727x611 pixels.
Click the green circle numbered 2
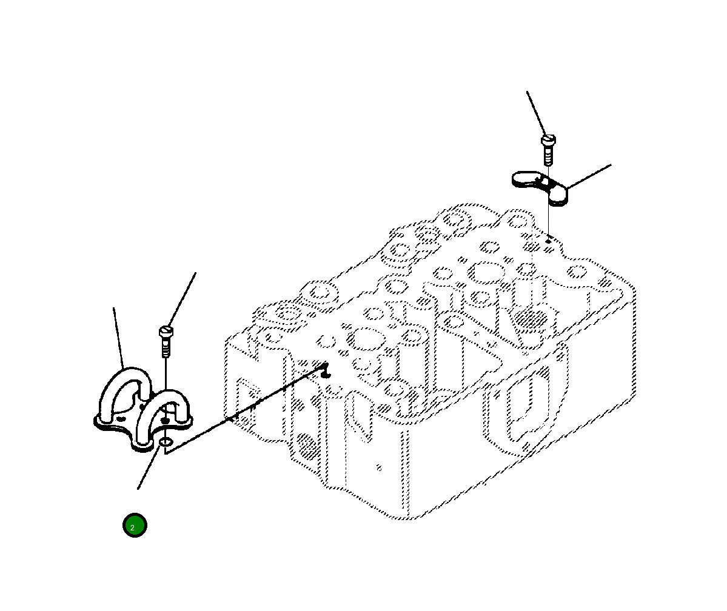pyautogui.click(x=135, y=526)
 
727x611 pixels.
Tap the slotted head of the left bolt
pyautogui.click(x=167, y=331)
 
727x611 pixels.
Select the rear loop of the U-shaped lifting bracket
pyautogui.click(x=125, y=388)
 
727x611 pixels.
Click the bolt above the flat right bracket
pyautogui.click(x=548, y=149)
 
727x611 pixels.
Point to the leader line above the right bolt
pyautogui.click(x=536, y=113)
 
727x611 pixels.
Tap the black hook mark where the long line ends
pyautogui.click(x=326, y=368)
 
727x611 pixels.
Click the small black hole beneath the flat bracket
pyautogui.click(x=548, y=241)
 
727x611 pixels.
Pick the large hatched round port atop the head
pyautogui.click(x=531, y=318)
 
